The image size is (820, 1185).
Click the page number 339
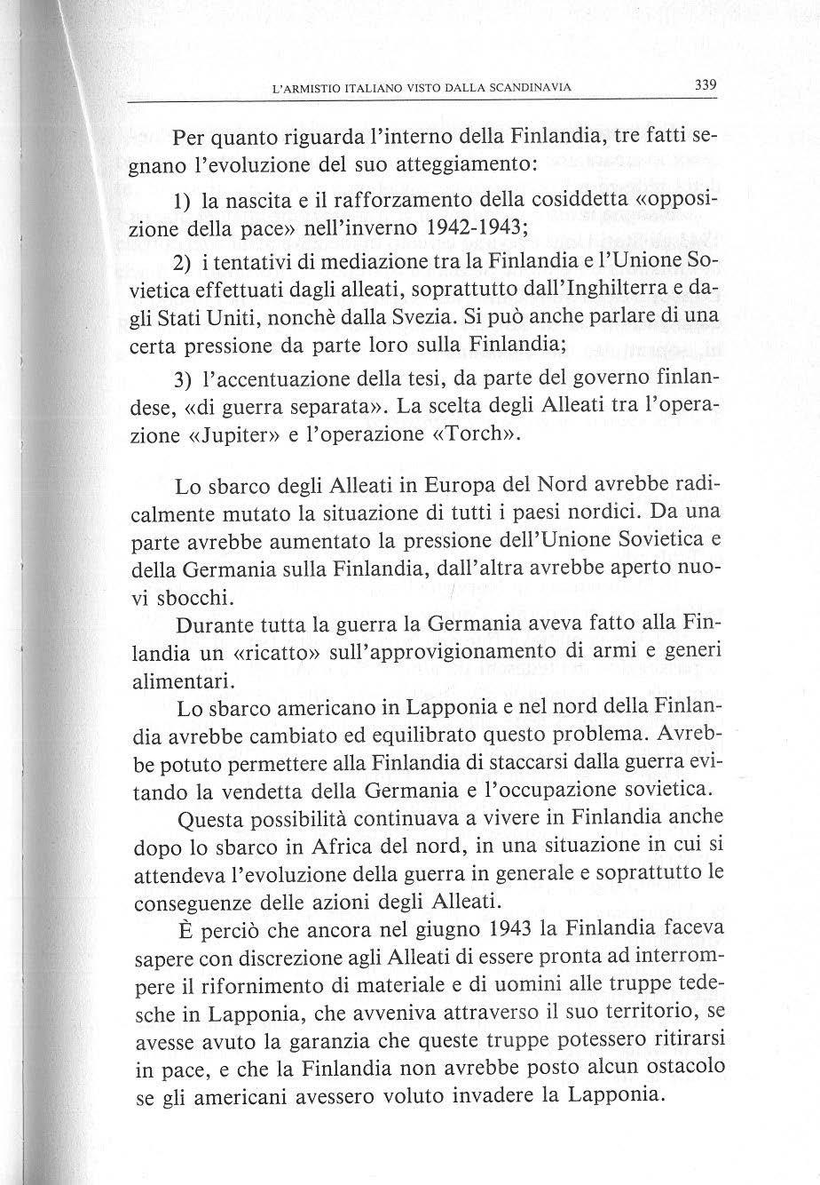706,85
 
